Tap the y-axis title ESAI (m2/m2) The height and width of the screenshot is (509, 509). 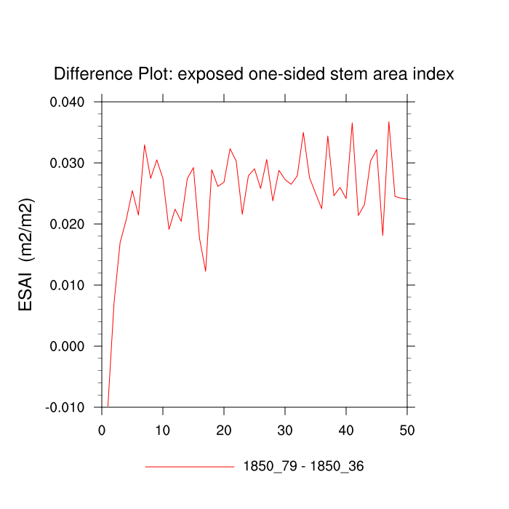pyautogui.click(x=26, y=254)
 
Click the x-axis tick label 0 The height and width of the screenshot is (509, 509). pyautogui.click(x=102, y=430)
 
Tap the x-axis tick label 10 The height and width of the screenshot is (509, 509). pyautogui.click(x=163, y=430)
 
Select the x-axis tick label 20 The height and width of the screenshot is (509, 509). pyautogui.click(x=224, y=430)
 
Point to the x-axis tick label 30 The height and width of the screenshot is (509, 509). pyautogui.click(x=285, y=430)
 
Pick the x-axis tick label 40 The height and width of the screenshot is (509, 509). pyautogui.click(x=346, y=430)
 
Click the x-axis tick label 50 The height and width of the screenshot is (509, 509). pyautogui.click(x=407, y=430)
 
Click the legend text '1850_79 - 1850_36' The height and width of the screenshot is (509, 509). pyautogui.click(x=303, y=466)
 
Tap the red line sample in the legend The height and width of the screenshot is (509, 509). pyautogui.click(x=189, y=466)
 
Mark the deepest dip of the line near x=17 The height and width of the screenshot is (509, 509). pyautogui.click(x=206, y=271)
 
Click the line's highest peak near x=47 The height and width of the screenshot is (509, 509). pyautogui.click(x=389, y=121)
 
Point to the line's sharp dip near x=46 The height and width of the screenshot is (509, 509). pyautogui.click(x=382, y=235)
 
